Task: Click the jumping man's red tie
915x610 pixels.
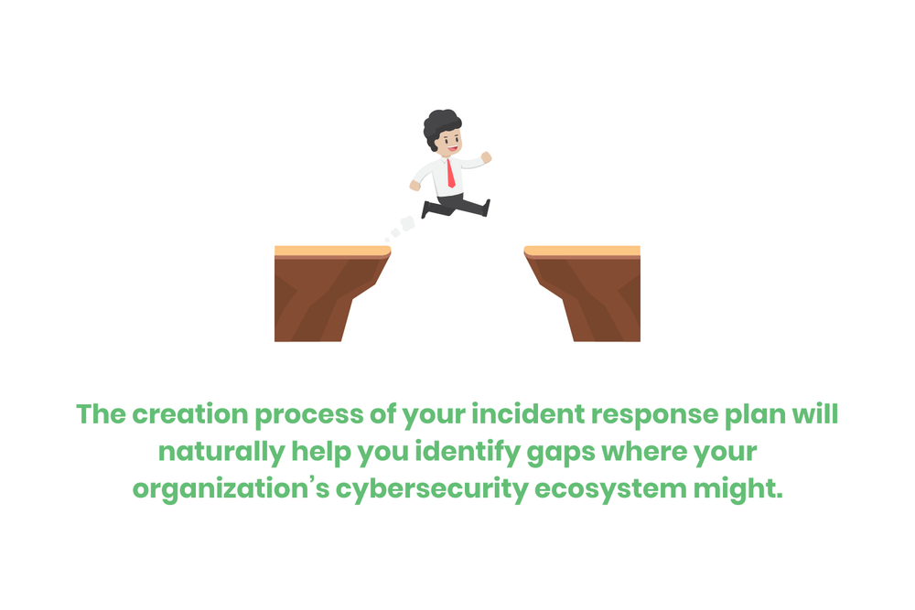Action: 450,172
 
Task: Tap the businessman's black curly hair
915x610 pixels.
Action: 442,124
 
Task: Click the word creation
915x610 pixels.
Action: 188,414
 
